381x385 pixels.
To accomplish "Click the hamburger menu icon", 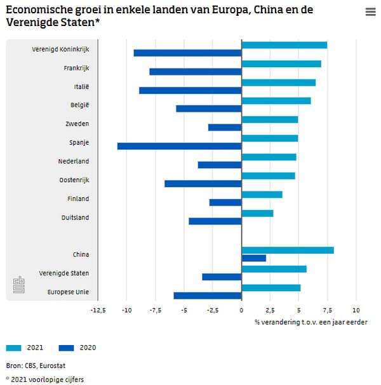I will click(371, 12).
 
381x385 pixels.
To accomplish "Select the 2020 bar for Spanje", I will click(180, 146).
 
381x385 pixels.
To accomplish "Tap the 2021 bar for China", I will click(288, 250).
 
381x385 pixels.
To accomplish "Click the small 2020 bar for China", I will click(254, 258).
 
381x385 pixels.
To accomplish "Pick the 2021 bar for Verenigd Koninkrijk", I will click(284, 45).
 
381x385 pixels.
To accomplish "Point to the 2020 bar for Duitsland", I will click(215, 221).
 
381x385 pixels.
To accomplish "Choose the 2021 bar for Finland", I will click(262, 195).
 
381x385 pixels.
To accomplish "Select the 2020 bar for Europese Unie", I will click(208, 296).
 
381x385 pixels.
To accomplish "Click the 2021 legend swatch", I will click(13, 348).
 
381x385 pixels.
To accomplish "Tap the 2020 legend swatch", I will click(66, 348).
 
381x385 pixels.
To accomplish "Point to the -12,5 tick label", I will click(98, 311).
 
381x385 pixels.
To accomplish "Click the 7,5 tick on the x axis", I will click(327, 311).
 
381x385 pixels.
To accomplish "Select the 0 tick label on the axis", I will click(241, 311).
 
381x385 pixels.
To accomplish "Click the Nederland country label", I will click(74, 161).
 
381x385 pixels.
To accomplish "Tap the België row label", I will click(79, 105).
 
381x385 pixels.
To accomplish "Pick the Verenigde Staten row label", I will click(64, 273).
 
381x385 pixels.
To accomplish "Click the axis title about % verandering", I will click(311, 322).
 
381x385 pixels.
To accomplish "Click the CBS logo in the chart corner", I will click(19, 285).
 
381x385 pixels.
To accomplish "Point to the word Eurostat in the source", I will click(52, 366).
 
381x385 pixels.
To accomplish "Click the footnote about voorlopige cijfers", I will click(46, 379).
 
